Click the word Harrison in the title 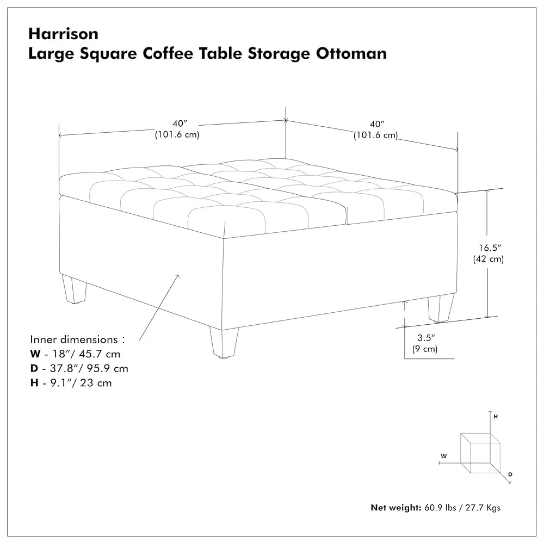point(63,34)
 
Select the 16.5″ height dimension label point(490,248)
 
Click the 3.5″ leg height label point(426,338)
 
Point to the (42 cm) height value point(489,259)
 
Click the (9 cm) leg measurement point(425,349)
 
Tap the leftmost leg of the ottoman point(74,289)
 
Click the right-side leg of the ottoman point(441,308)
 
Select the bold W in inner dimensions point(35,354)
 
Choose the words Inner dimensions point(74,339)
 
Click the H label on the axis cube point(496,416)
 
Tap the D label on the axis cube point(510,474)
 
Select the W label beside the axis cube point(444,456)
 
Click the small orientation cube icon point(480,453)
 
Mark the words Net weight point(396,508)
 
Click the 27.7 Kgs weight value point(483,508)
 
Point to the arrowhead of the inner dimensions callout point(178,276)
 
